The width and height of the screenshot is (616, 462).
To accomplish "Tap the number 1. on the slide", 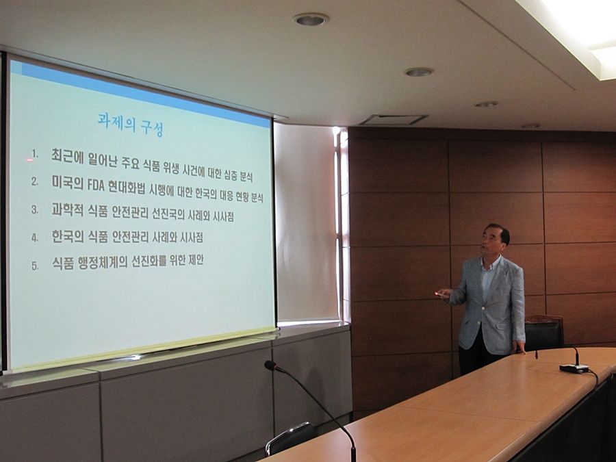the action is (35, 153).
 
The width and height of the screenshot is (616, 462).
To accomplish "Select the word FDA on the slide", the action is (94, 184).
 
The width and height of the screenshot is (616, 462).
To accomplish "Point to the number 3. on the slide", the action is (35, 209).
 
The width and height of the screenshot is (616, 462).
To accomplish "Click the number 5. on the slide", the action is (35, 266).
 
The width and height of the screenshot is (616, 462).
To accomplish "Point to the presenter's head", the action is (496, 240).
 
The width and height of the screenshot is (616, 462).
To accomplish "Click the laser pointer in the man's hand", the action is (440, 294).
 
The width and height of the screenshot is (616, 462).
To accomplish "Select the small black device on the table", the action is (574, 368).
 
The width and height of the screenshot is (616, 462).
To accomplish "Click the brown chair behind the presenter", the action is (543, 332).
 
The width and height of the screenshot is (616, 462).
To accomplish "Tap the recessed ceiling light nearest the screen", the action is (310, 19).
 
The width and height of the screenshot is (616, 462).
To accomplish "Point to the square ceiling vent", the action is (394, 120).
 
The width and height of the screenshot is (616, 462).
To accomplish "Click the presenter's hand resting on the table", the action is (519, 347).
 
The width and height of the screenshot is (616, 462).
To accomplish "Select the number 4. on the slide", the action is (35, 238).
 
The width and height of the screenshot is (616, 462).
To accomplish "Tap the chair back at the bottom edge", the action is (290, 438).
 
